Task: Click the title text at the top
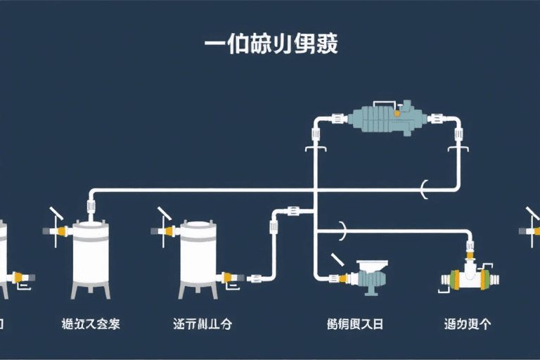271,44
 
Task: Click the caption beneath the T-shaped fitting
467,324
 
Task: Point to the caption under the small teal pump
355,324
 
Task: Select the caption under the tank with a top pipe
91,324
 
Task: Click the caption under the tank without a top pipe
202,324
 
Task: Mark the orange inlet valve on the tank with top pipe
61,231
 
